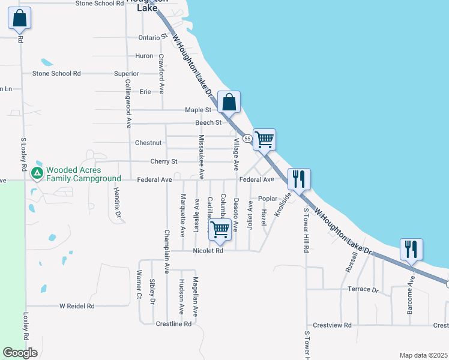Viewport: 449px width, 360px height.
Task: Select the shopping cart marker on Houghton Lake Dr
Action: pyautogui.click(x=264, y=139)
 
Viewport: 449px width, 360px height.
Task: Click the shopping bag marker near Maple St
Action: pyautogui.click(x=229, y=101)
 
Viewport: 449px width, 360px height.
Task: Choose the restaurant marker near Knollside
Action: pyautogui.click(x=299, y=178)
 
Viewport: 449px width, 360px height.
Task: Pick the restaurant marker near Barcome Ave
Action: pyautogui.click(x=411, y=249)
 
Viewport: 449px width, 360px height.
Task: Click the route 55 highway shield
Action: pyautogui.click(x=248, y=139)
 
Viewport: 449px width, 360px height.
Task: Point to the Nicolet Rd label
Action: pyautogui.click(x=208, y=251)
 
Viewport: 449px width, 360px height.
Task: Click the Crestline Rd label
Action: pyautogui.click(x=173, y=324)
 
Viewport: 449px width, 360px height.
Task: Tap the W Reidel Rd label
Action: pyautogui.click(x=77, y=306)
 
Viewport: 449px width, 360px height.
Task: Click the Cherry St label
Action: pyautogui.click(x=164, y=161)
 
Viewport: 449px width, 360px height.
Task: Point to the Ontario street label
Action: pyautogui.click(x=149, y=37)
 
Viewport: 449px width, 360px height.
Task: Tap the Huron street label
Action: pyautogui.click(x=144, y=56)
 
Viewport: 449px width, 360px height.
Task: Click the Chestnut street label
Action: pyautogui.click(x=148, y=143)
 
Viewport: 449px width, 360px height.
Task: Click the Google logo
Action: pyautogui.click(x=20, y=353)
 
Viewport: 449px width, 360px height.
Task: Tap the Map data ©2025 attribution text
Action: pyautogui.click(x=423, y=355)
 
